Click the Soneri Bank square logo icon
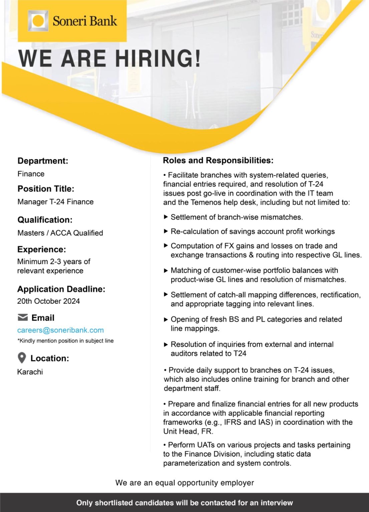click(38, 21)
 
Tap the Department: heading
click(43, 161)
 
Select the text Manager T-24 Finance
click(55, 202)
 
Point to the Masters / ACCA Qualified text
click(60, 233)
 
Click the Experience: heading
click(42, 249)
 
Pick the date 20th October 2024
click(48, 301)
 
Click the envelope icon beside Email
click(22, 317)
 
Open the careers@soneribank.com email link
click(60, 330)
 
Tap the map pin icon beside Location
click(22, 358)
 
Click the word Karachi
click(30, 372)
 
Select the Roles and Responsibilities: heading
click(218, 160)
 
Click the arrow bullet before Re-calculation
click(166, 231)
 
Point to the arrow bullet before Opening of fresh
click(166, 319)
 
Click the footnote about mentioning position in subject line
click(65, 341)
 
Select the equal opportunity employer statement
click(184, 483)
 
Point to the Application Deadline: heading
click(61, 289)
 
